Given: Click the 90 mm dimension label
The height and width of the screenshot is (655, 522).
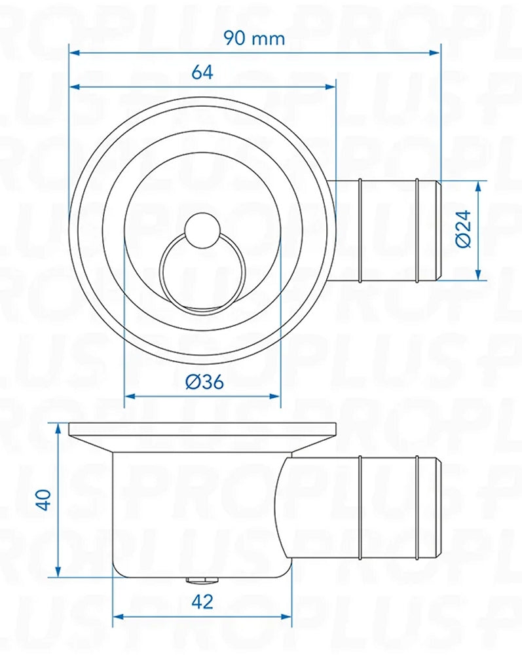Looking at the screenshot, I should coord(254,38).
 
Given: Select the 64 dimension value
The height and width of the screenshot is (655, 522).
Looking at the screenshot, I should coord(202,72).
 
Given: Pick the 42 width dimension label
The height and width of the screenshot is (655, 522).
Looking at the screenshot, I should coord(204,602).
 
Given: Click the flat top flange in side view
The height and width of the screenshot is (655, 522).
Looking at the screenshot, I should coord(202,430).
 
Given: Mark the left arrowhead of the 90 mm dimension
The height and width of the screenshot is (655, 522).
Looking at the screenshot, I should coord(73,52).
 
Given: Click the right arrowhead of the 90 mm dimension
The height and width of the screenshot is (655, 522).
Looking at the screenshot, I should coord(437,52).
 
